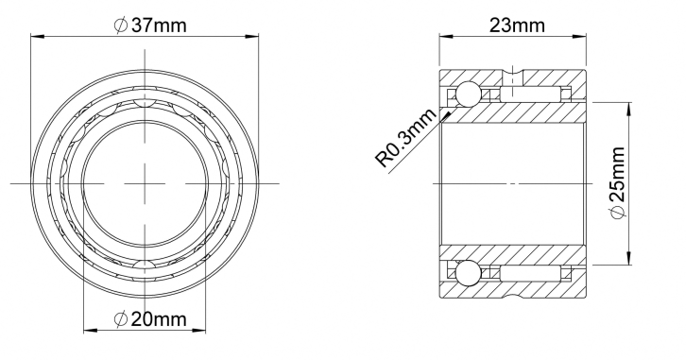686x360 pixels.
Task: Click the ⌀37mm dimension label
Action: tap(149, 26)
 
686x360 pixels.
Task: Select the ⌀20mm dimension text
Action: tap(149, 319)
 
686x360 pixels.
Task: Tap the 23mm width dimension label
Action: tap(517, 26)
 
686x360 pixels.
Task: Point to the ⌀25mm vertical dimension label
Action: tap(617, 183)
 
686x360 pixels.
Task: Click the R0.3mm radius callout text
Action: tap(406, 137)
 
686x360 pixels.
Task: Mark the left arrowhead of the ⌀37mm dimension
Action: tap(36, 36)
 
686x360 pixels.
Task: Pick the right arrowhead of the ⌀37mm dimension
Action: tap(252, 36)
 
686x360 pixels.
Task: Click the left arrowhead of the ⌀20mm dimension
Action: tap(90, 330)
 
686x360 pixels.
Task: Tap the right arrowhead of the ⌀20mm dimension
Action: tap(199, 330)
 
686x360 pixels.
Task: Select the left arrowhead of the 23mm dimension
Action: tap(445, 36)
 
